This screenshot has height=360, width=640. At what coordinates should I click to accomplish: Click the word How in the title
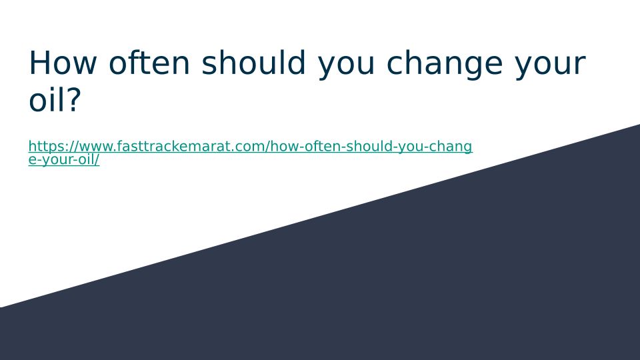(x=63, y=63)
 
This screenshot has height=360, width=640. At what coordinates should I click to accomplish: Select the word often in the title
(x=149, y=63)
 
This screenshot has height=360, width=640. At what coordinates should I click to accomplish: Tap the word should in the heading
(x=253, y=63)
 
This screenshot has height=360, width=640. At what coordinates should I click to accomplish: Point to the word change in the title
(x=445, y=65)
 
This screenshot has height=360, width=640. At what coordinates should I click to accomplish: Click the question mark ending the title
(x=74, y=99)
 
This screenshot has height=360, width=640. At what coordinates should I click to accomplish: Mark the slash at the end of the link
(x=97, y=159)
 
